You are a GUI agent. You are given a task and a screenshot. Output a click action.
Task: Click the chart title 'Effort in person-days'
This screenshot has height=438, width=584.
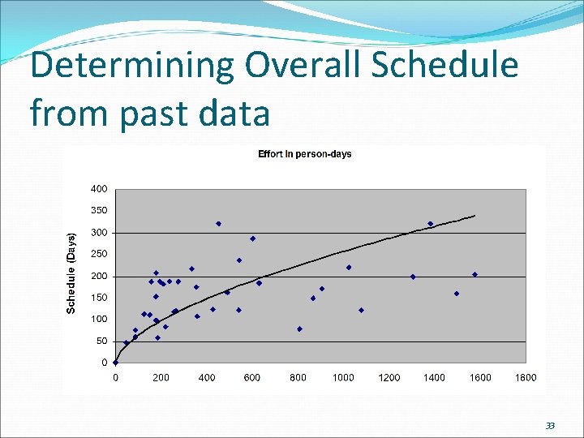[x=304, y=154]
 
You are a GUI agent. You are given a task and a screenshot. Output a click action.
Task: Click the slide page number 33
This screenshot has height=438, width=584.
[x=550, y=426]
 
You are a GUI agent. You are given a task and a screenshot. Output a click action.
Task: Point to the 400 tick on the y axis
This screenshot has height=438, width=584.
[x=97, y=189]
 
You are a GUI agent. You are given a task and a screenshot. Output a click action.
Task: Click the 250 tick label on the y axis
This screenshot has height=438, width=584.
[x=97, y=254]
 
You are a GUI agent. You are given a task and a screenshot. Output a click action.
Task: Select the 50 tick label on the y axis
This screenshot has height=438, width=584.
[x=101, y=341]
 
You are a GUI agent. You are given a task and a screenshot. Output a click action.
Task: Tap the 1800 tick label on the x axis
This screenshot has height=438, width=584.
[x=526, y=377]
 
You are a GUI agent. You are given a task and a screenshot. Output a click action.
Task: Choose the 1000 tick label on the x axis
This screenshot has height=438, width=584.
[x=343, y=377]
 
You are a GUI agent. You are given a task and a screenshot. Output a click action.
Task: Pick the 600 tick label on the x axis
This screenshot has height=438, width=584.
[x=252, y=377]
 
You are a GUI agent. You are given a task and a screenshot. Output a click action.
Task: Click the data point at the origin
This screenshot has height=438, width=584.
[x=115, y=363]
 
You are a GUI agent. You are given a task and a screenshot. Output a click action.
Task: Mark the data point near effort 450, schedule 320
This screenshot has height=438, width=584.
[x=218, y=224]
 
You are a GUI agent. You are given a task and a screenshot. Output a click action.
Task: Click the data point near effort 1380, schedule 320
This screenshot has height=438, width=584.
[x=430, y=224]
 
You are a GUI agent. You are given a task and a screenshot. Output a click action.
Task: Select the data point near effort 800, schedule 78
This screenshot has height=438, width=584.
[x=299, y=328]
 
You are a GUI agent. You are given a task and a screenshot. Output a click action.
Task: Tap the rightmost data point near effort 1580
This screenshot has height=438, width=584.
[x=475, y=274]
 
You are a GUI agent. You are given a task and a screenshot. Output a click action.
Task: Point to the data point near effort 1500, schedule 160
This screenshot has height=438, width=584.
[x=457, y=294]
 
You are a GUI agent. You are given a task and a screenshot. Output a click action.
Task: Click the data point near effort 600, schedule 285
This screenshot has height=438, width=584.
[x=252, y=238]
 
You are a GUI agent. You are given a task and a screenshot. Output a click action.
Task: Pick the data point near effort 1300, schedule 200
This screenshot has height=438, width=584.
[x=413, y=277]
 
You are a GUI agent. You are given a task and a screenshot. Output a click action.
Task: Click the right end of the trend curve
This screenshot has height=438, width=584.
[x=475, y=216]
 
